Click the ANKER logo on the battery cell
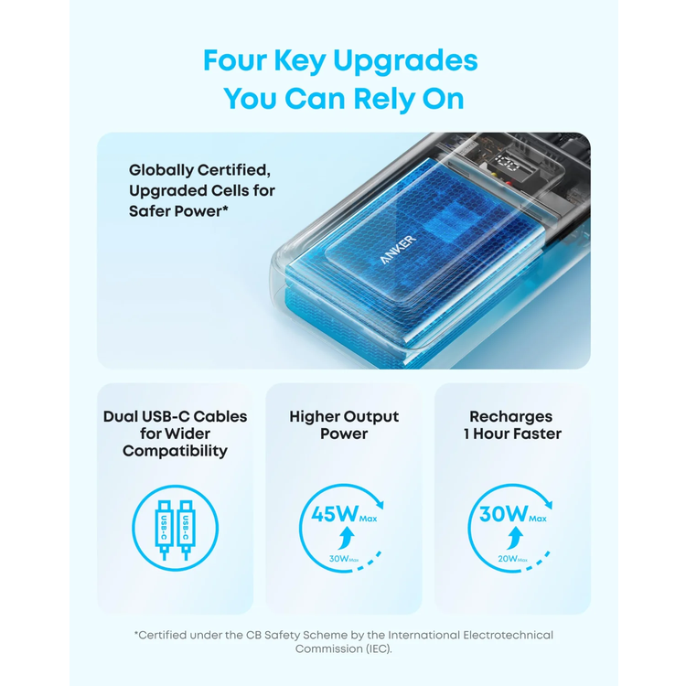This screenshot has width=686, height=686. click(x=398, y=250)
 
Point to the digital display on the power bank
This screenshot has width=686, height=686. click(x=508, y=164)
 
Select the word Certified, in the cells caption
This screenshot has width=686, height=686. click(x=234, y=170)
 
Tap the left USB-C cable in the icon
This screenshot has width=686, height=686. click(x=164, y=530)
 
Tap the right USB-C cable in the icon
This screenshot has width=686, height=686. click(x=186, y=530)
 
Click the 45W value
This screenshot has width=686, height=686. click(x=335, y=514)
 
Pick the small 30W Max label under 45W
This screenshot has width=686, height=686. click(x=344, y=559)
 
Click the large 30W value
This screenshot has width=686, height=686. click(x=504, y=514)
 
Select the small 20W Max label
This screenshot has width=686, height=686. click(x=513, y=559)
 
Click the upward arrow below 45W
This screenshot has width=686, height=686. click(x=347, y=538)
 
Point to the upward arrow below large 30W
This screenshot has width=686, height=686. click(x=515, y=538)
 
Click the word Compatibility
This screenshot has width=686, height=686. click(x=175, y=452)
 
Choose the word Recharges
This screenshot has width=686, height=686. click(x=511, y=416)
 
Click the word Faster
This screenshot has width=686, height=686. click(x=537, y=434)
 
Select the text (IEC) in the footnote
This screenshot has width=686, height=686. click(x=379, y=648)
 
